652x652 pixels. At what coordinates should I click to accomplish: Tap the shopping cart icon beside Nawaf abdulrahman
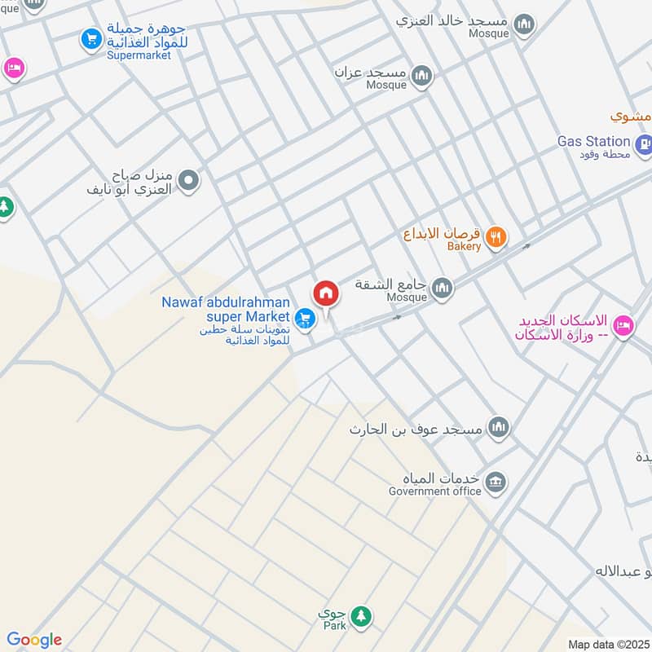coord(306,319)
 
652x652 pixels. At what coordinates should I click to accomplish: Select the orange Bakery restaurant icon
coord(495,238)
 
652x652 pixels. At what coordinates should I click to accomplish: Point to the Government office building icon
coord(495,483)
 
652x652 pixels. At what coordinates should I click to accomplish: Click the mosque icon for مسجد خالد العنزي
coord(526,23)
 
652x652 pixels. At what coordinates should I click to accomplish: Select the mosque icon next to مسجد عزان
coord(421,77)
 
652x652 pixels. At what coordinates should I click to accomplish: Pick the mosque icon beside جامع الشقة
coord(442,287)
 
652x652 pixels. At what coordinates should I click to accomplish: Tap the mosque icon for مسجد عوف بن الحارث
coord(498,426)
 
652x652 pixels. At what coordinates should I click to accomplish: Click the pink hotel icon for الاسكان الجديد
coord(623,326)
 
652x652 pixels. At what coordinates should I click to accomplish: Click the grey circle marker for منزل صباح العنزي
coord(188,180)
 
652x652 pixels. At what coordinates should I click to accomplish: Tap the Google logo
coord(34,640)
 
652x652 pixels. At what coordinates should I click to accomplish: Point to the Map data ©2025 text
coord(607,644)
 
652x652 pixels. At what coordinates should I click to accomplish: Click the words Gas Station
coord(593,141)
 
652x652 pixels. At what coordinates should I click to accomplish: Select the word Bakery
coord(464,246)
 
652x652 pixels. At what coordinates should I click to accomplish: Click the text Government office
coord(434,491)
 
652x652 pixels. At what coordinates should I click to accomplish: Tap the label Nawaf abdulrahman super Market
coord(226,309)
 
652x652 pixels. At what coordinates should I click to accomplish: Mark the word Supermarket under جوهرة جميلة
coord(139,55)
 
